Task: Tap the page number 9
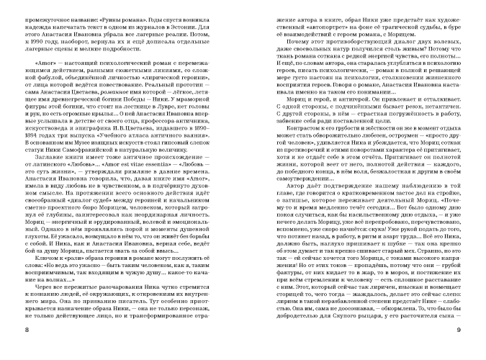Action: click(458, 330)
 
